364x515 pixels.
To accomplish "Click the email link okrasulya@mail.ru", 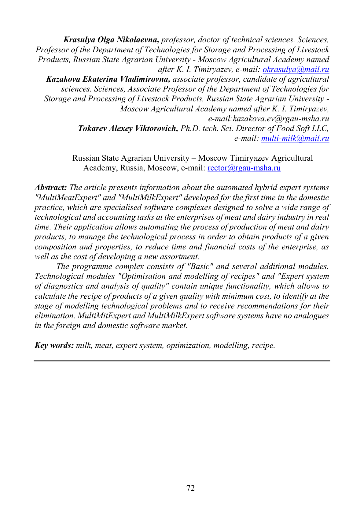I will (296, 69).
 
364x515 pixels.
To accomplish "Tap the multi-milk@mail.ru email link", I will (295, 138).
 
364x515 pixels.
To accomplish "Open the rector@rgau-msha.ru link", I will (244, 168).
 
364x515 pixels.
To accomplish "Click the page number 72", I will (190, 488).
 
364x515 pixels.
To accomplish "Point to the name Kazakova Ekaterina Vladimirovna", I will (108, 79).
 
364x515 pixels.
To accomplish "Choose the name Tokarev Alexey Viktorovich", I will (128, 129).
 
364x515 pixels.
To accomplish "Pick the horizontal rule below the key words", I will (182, 361).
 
